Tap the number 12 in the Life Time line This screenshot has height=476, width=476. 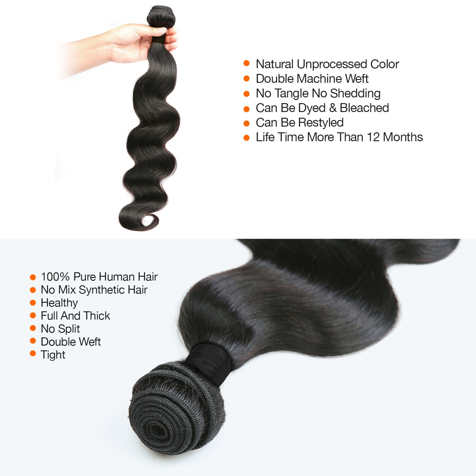373,137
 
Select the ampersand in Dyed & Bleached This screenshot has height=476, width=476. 333,108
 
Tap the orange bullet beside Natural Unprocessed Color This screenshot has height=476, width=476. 247,63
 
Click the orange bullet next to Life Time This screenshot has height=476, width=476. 247,138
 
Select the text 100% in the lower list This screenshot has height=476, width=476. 55,277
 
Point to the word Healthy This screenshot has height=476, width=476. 59,303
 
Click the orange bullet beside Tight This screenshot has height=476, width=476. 33,354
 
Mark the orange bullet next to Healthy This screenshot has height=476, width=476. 33,303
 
